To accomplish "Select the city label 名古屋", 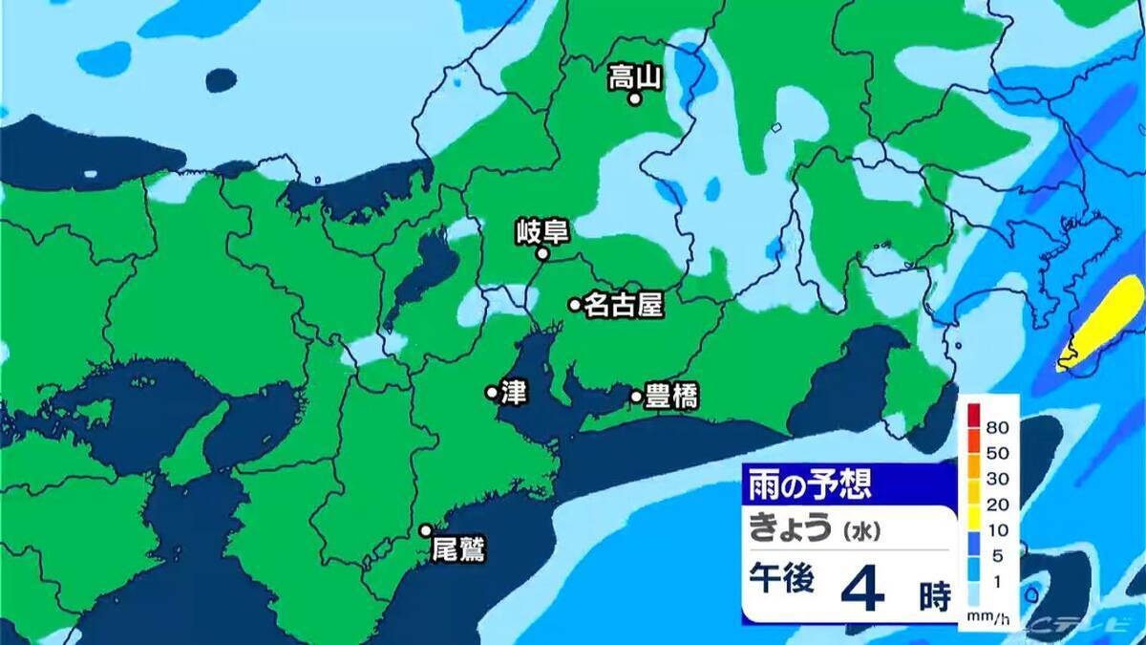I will tap(623, 305).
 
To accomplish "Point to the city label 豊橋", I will tap(671, 397).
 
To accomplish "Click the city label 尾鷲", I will tap(458, 549).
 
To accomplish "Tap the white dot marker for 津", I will tap(492, 392).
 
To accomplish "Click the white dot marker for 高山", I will tap(633, 97).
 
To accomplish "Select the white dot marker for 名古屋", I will tap(575, 305).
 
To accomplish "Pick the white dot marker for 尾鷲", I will tap(426, 530).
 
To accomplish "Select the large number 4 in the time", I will tap(861, 591).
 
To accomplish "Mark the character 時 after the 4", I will tap(935, 597).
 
